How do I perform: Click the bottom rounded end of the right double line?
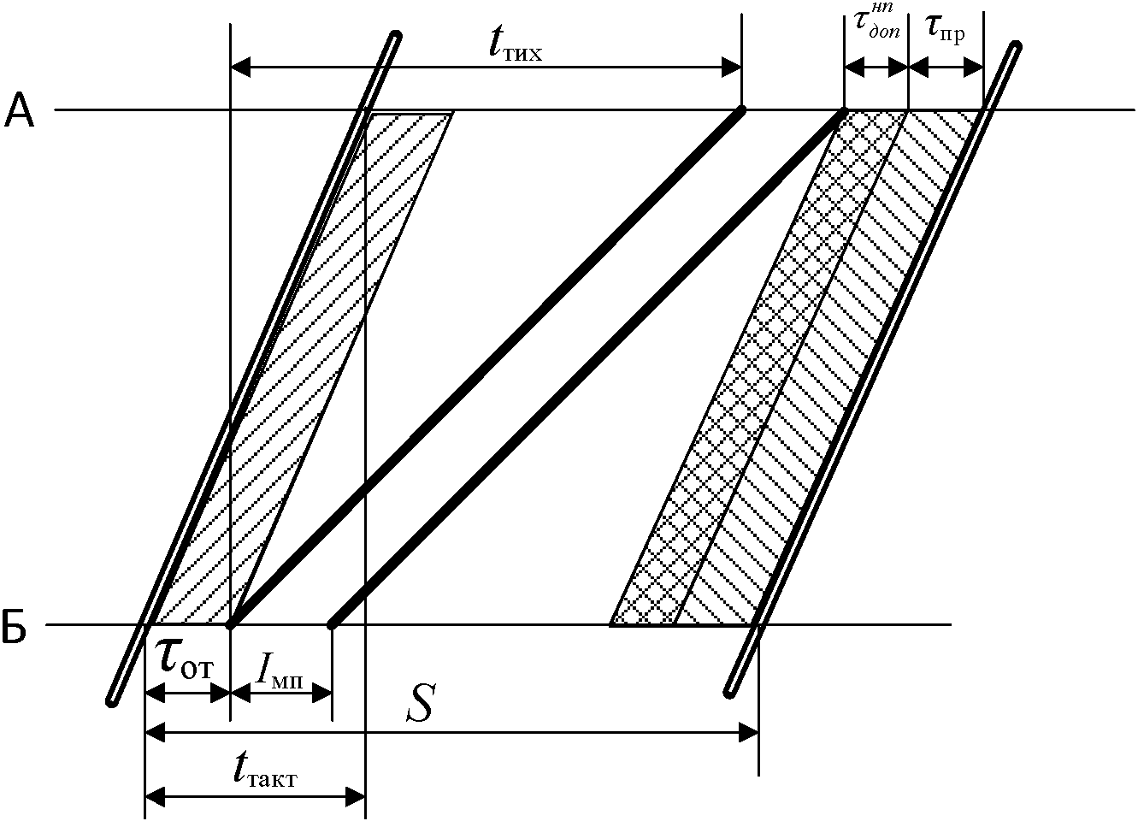pos(729,691)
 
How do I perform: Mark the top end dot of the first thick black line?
pos(740,110)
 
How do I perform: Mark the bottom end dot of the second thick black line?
pos(332,625)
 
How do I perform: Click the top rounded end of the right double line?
pos(1015,46)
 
